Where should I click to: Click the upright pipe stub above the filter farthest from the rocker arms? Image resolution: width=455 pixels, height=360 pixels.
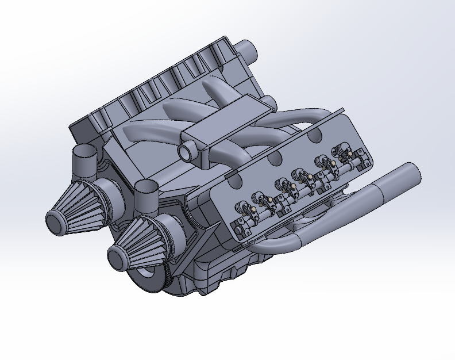(85, 156)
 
